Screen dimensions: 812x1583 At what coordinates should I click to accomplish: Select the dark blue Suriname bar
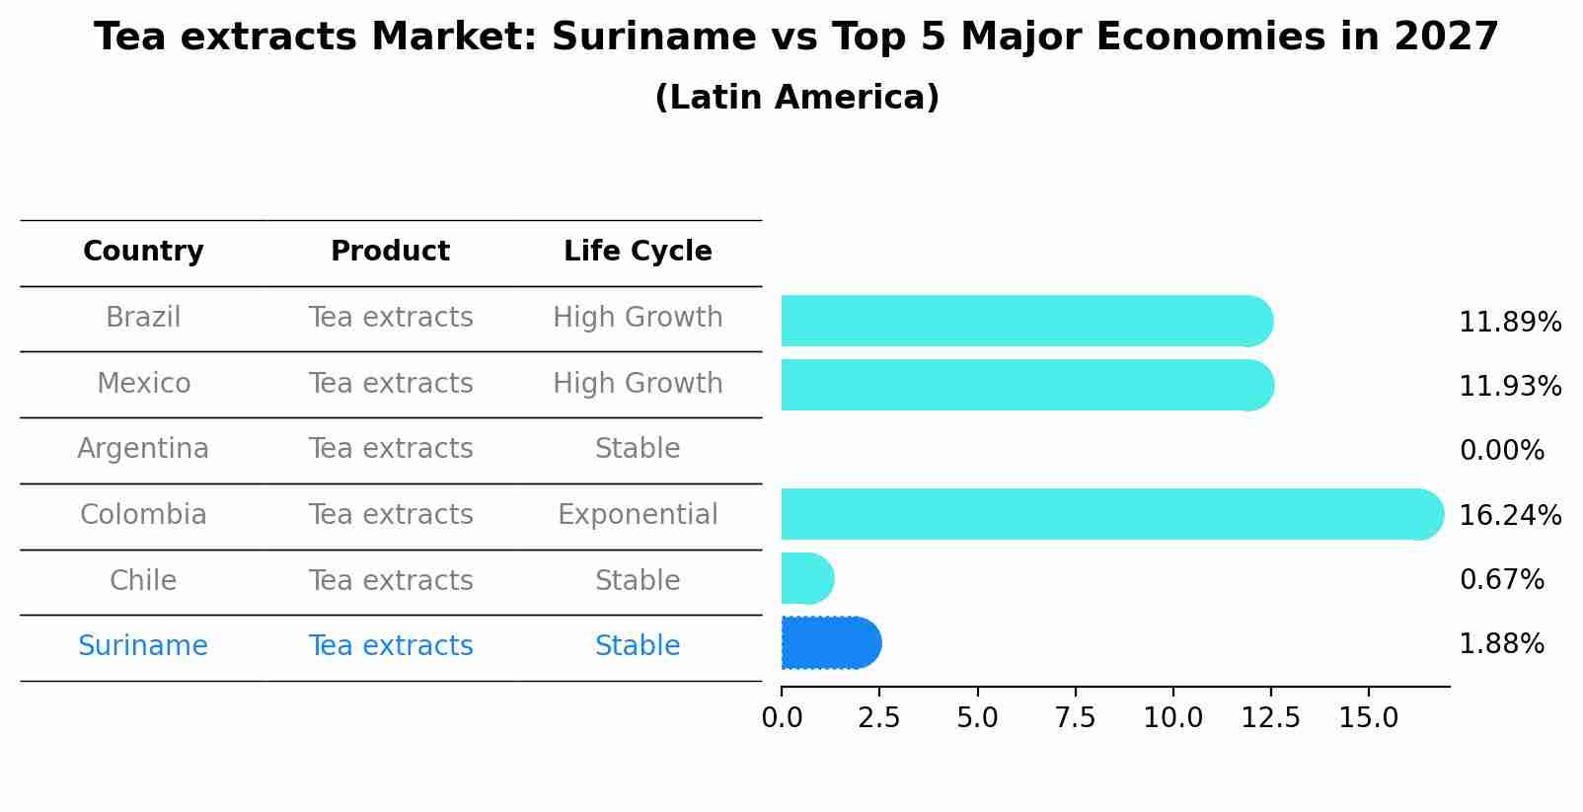coord(830,643)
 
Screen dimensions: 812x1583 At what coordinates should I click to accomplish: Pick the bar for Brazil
coord(1026,321)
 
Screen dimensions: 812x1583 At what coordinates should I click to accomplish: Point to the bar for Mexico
coord(1026,385)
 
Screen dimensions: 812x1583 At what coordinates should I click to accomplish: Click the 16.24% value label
coord(1509,516)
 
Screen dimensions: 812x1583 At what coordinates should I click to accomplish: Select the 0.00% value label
coord(1501,452)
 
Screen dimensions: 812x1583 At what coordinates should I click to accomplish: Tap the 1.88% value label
coord(1501,644)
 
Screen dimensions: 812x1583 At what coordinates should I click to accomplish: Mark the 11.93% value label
coord(1509,387)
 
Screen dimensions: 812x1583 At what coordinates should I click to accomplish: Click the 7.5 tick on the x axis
coord(1075,718)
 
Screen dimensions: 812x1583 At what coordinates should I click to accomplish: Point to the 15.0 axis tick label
coord(1368,718)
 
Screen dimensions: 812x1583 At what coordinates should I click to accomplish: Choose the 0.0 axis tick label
coord(782,718)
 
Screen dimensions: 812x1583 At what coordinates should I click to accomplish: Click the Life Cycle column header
coord(638,252)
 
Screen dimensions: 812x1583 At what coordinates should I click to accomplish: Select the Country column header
coord(143,252)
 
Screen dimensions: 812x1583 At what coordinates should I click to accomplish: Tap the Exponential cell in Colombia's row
coord(638,515)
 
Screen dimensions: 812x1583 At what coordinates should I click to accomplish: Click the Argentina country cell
coord(143,449)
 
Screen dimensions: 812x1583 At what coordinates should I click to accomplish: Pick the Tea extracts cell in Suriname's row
coord(391,646)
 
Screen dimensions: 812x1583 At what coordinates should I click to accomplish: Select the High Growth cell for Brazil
coord(638,318)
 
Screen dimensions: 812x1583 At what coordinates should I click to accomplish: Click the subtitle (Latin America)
coord(796,98)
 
